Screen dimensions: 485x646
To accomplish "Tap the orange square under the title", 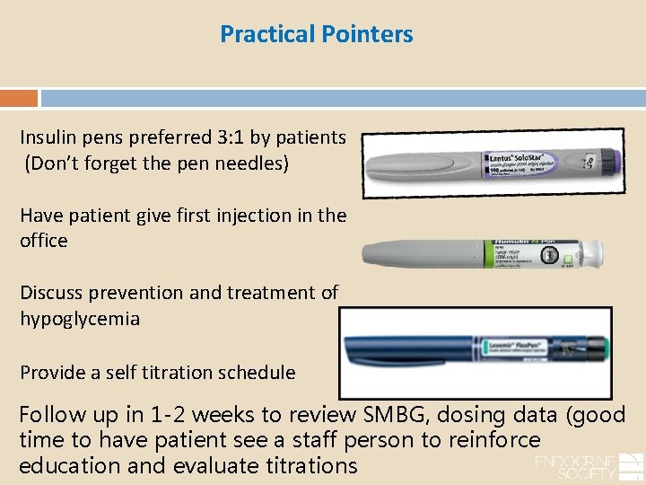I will pyautogui.click(x=19, y=98).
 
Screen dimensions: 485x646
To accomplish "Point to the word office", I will pyautogui.click(x=44, y=241).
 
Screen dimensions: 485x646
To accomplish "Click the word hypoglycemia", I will pyautogui.click(x=80, y=319).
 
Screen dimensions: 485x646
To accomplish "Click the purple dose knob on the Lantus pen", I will pyautogui.click(x=611, y=161).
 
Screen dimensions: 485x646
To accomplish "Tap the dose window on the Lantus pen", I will pyautogui.click(x=588, y=161).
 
